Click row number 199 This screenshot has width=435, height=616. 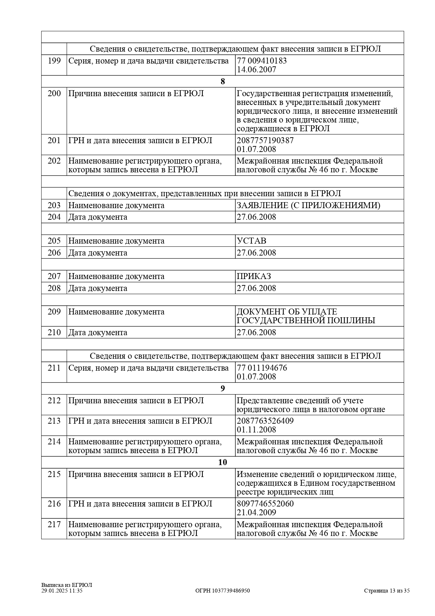pos(54,61)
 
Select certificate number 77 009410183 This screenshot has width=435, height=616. pos(262,61)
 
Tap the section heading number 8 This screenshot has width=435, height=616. pos(222,81)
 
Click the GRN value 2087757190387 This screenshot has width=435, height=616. pos(265,140)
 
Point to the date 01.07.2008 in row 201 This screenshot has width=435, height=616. pos(256,149)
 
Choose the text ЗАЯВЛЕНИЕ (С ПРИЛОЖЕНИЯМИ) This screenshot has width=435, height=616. pos(308,205)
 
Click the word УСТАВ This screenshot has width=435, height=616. pos(252,241)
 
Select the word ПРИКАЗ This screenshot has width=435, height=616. pos(254,276)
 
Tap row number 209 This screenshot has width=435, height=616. pos(54,312)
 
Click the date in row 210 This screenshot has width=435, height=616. pos(256,332)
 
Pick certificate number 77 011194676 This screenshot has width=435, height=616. pos(262,368)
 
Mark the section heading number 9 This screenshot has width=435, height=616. pos(222,389)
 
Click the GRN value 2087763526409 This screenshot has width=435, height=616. pos(265,421)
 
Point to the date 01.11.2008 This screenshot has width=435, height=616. pos(256,430)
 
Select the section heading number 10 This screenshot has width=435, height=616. pos(222,462)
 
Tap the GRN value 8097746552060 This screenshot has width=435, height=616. pos(265,504)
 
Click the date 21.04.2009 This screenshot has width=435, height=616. pos(256,512)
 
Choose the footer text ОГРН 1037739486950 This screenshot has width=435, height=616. pos(222,591)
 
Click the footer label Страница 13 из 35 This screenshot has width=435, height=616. pos(387,591)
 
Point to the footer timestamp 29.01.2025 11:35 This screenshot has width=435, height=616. pos(62,591)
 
